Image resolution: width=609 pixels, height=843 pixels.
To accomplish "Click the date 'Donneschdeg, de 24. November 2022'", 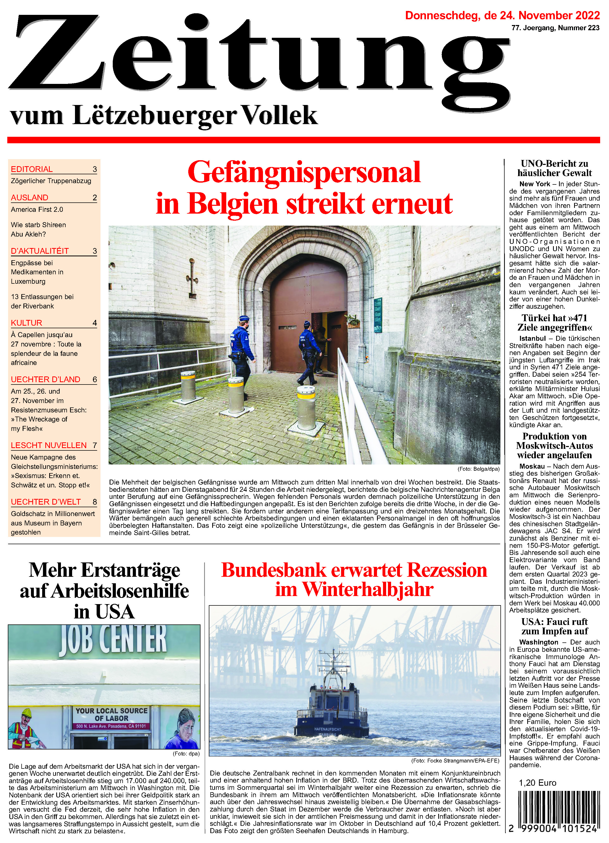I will [x=502, y=16].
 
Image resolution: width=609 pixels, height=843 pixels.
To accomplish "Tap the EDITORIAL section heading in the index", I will [x=32, y=169].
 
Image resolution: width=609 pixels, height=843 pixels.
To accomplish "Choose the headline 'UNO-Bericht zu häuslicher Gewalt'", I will [x=554, y=168].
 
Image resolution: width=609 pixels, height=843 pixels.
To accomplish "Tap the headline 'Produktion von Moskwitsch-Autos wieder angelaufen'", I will [x=554, y=446].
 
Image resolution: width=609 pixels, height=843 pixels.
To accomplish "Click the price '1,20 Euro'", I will [x=537, y=783].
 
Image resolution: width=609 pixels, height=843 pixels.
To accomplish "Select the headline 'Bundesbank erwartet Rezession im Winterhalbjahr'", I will [x=354, y=580].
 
